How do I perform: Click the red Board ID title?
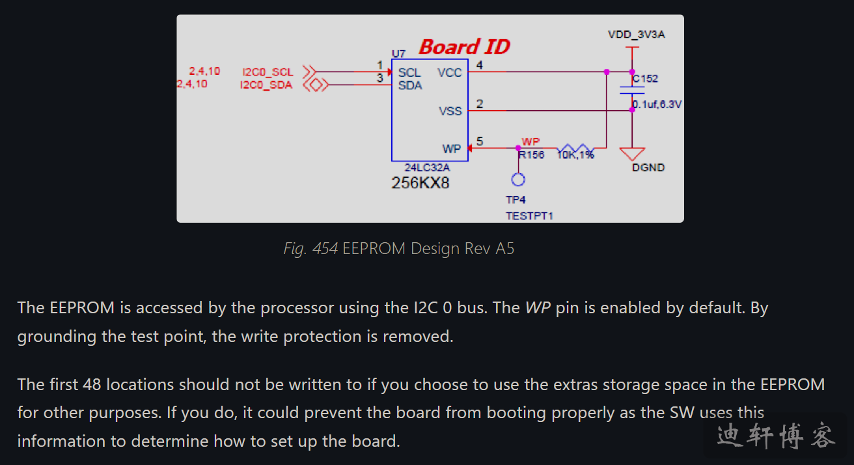[464, 47]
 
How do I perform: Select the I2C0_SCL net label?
[268, 72]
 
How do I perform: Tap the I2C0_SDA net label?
[266, 85]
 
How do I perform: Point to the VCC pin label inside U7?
[449, 72]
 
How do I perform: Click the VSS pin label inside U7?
[450, 111]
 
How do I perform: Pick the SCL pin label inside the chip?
[409, 72]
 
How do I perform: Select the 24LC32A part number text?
[426, 167]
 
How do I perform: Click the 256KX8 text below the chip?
[420, 183]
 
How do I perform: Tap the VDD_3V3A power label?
[636, 35]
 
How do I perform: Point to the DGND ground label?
[648, 167]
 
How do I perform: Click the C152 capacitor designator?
[645, 79]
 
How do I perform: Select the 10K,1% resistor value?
[575, 155]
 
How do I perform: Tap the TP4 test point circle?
[518, 180]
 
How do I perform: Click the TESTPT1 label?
[529, 216]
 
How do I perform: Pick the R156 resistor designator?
[531, 155]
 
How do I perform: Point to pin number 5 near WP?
[480, 141]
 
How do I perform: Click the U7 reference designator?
[398, 53]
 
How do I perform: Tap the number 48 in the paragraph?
[90, 384]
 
